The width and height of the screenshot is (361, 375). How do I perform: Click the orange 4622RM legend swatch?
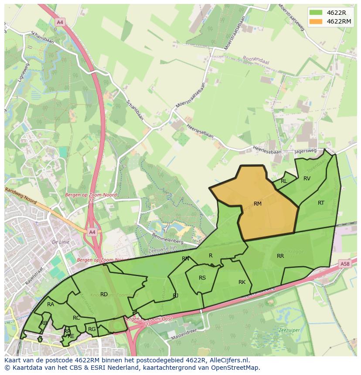tap(316, 21)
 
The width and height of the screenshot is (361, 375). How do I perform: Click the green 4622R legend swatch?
tap(316, 12)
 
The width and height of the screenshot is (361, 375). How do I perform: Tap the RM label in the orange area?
tap(258, 203)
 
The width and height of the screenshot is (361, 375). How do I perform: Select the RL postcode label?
tap(284, 181)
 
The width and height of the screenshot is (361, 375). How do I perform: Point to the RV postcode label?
tap(307, 178)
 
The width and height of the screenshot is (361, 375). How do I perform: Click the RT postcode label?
tap(321, 203)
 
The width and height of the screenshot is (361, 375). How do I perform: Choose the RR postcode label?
tap(280, 256)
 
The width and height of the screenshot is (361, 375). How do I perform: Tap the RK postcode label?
tap(242, 282)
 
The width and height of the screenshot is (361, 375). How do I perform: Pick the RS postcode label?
tap(202, 278)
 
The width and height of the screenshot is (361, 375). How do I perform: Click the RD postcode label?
tap(104, 294)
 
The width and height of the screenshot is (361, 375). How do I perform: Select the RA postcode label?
tap(51, 304)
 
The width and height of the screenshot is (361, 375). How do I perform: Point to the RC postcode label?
tap(76, 318)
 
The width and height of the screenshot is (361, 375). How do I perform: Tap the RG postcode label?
tap(92, 329)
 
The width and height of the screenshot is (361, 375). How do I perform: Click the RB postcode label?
tap(44, 323)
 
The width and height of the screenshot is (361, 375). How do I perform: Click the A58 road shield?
tap(344, 264)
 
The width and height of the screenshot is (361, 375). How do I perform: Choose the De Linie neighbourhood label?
tap(61, 242)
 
